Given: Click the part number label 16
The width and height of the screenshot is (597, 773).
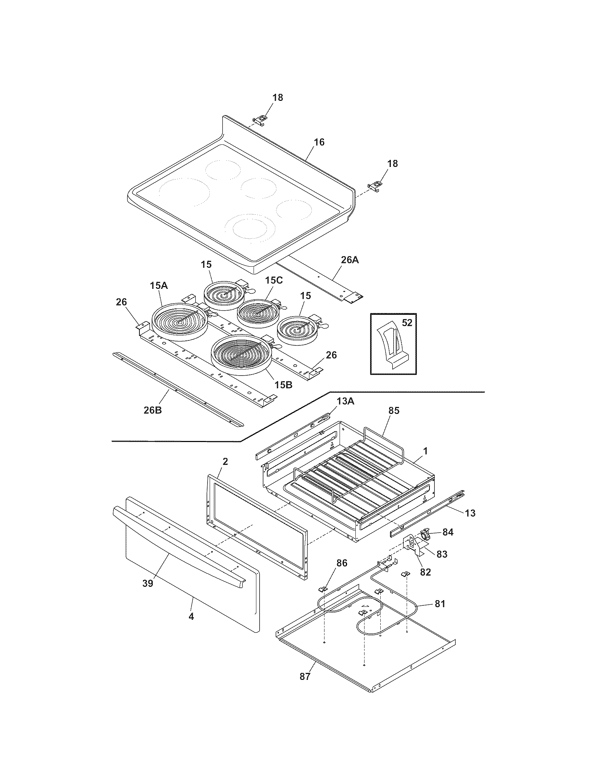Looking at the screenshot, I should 319,142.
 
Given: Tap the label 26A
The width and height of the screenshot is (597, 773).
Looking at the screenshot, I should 349,260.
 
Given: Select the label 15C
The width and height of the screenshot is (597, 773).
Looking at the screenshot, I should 274,280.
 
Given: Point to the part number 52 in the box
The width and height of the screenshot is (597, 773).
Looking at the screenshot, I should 407,323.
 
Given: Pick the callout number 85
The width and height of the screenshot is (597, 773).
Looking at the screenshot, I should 393,410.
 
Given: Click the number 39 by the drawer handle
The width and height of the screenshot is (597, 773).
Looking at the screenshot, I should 147,583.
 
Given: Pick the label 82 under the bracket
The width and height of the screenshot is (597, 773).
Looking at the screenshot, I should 425,572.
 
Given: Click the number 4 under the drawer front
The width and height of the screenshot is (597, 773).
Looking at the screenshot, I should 191,617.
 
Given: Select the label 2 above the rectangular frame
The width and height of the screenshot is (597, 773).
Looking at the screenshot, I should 225,461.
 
